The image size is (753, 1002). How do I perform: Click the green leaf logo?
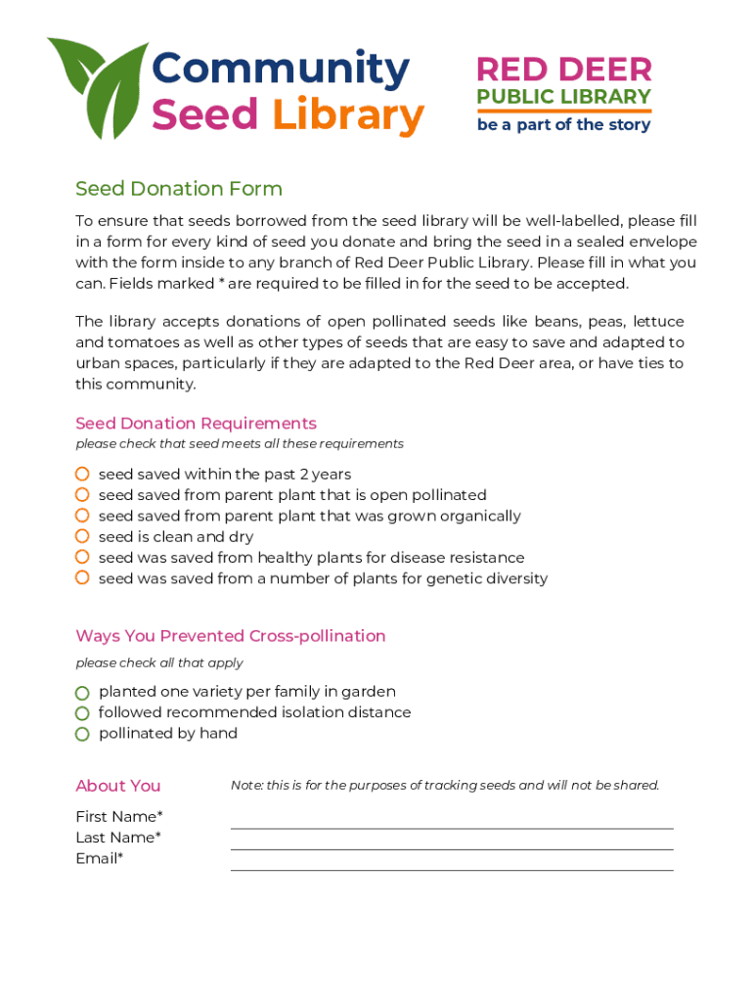click(97, 87)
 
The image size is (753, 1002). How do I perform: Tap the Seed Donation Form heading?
click(179, 189)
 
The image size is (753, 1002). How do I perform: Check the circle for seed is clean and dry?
click(83, 536)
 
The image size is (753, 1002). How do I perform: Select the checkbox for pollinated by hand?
click(83, 734)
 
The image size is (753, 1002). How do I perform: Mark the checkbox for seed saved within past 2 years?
click(83, 475)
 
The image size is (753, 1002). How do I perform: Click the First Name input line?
click(452, 820)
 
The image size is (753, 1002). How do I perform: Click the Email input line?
click(452, 862)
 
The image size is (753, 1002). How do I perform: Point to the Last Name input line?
click(452, 841)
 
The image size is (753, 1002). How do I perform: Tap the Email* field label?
click(100, 858)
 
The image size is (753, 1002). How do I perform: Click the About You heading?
click(118, 786)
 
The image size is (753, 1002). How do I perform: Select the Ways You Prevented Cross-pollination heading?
click(231, 636)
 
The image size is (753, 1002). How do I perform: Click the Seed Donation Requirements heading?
click(196, 424)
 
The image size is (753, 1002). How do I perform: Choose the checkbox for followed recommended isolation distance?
click(83, 713)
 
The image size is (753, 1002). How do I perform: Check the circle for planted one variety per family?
click(83, 693)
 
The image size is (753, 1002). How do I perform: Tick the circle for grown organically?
click(83, 516)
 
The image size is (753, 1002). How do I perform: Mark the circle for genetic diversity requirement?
click(83, 578)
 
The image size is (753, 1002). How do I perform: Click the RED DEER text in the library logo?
click(563, 69)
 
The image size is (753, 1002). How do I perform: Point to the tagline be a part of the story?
click(563, 125)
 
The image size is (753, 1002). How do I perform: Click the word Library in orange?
click(347, 115)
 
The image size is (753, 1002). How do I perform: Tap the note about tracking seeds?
click(445, 785)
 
